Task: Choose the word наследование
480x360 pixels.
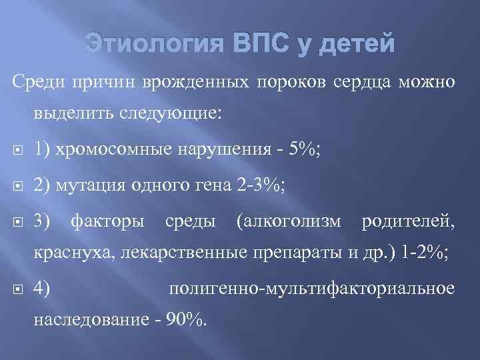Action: coord(88,320)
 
